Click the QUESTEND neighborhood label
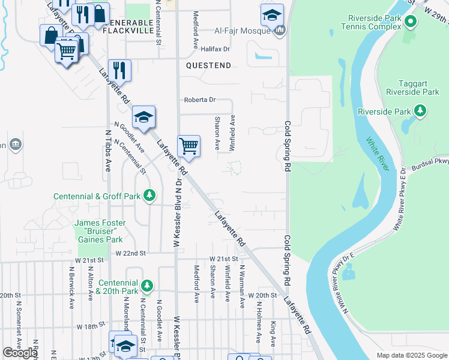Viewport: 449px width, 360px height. point(208,64)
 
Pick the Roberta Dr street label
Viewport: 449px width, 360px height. point(199,100)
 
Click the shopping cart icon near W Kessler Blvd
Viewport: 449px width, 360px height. point(189,146)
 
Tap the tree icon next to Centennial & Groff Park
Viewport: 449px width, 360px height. point(149,196)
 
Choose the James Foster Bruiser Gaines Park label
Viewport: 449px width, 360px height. point(100,231)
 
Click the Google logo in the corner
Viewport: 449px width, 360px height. point(20,353)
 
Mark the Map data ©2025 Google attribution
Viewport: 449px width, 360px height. point(411,355)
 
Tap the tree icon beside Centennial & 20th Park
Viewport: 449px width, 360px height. point(146,285)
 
